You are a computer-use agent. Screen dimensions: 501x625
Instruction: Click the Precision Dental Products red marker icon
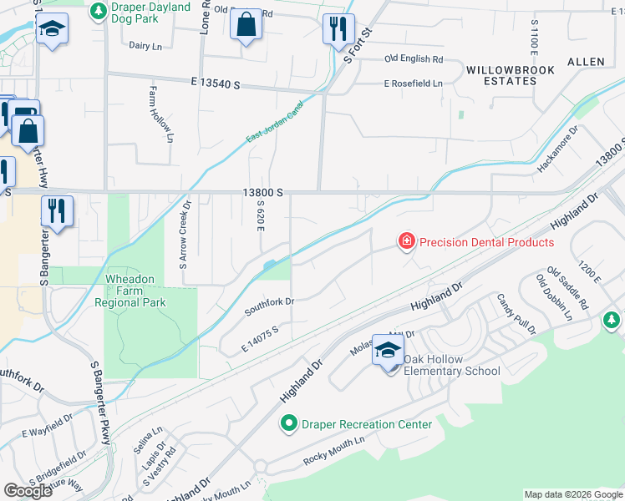coord(406,242)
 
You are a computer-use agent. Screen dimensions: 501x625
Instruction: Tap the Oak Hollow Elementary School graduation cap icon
coord(389,352)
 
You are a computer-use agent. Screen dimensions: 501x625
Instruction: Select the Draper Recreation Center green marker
coord(289,424)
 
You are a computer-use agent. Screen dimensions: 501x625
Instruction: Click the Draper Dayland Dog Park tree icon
coord(99,12)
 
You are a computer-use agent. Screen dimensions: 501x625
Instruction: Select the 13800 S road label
coord(263,192)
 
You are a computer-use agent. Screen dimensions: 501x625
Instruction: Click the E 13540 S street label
coord(203,84)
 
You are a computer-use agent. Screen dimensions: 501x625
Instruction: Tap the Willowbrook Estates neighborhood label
coord(501,75)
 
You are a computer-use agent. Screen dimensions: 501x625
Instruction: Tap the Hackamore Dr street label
coord(557,149)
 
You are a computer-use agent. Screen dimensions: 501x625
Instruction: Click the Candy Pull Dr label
coord(513,314)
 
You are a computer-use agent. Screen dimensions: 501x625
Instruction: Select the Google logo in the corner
coord(28,490)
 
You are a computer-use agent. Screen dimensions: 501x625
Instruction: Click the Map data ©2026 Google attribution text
coord(572,494)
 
